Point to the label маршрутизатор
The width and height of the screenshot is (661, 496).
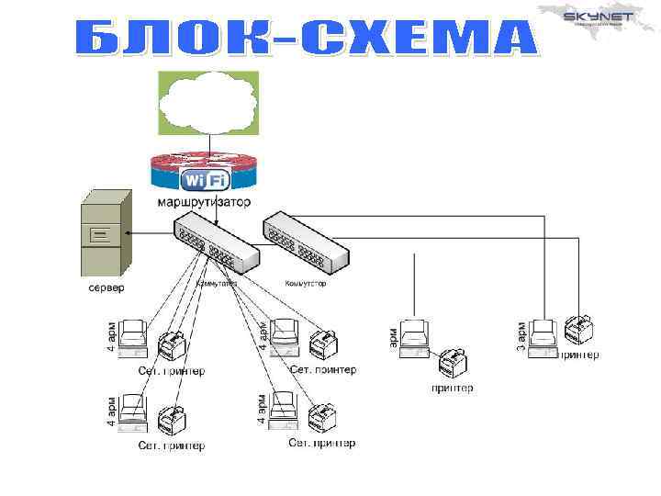(204, 201)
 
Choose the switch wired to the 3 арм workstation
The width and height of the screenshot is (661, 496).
(305, 241)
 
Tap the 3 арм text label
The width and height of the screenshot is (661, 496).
(521, 335)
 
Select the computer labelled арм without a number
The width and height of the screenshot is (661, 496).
(414, 338)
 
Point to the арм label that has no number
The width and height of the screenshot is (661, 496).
(393, 336)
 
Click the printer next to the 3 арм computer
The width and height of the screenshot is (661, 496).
(580, 331)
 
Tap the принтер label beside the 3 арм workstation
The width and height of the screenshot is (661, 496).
(579, 354)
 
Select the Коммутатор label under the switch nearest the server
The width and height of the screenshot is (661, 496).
(217, 284)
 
